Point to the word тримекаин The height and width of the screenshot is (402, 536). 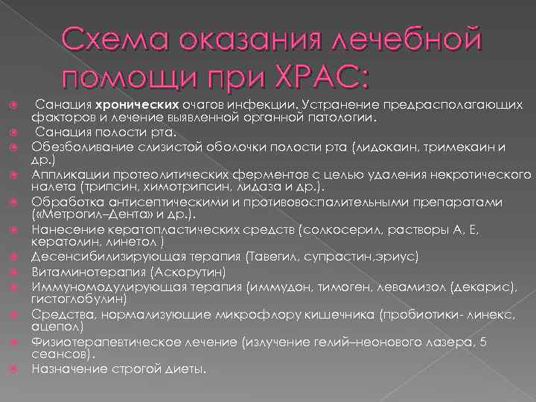453,147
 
